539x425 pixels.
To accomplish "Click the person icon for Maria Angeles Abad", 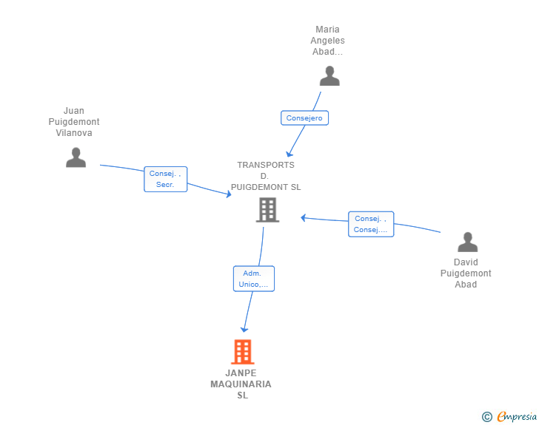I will tap(329, 75).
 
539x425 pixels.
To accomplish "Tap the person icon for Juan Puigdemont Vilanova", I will tap(76, 157).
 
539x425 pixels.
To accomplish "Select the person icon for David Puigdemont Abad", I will tap(467, 242).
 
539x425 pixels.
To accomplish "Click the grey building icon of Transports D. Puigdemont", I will tap(267, 210).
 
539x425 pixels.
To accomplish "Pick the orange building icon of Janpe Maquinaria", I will tap(243, 352).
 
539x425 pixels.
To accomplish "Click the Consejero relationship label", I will tap(304, 118).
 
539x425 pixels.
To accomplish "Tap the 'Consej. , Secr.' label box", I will tap(165, 179).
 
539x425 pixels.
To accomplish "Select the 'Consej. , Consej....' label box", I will tap(371, 224).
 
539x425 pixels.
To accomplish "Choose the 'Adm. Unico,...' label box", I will tap(254, 279).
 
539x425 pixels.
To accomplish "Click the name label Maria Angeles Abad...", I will tap(327, 41).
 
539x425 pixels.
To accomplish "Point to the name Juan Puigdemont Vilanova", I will tap(74, 122).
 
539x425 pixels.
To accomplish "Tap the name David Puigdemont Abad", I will tap(466, 273).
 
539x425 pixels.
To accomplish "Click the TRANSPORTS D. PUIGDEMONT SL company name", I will tap(266, 176).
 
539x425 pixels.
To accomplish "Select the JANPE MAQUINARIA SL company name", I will tap(241, 384).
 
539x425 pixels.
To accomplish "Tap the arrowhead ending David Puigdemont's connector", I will tap(303, 217).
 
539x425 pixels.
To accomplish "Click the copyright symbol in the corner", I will tap(486, 417).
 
